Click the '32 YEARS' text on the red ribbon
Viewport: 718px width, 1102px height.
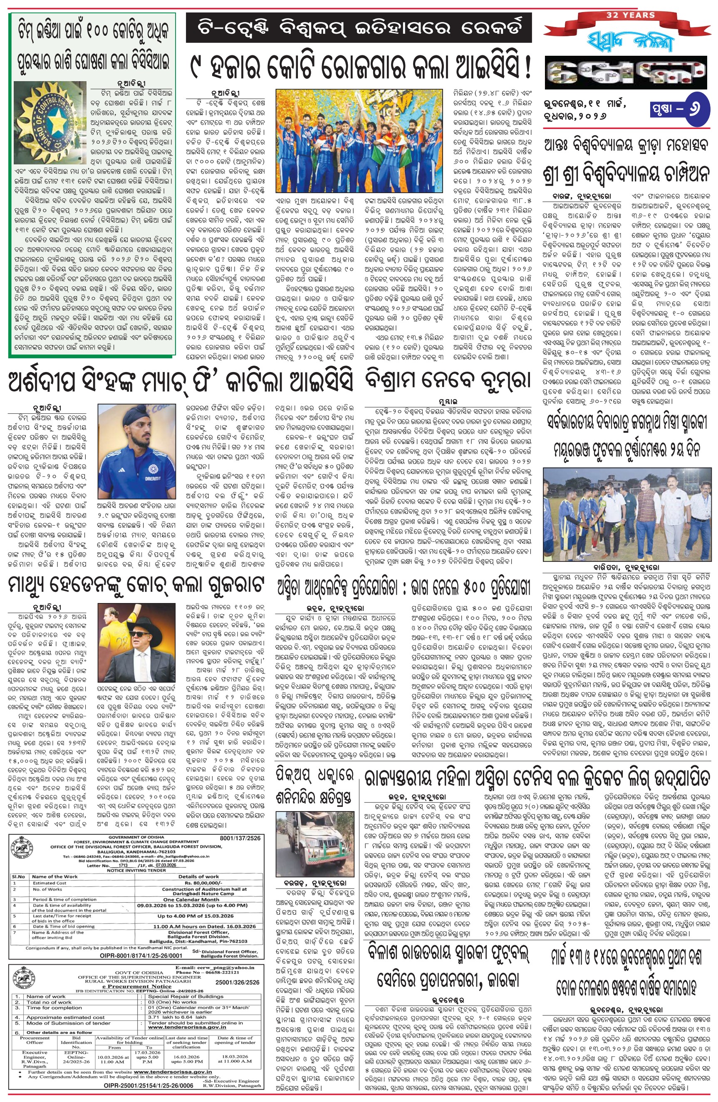point(631,15)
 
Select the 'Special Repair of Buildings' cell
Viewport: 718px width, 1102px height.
point(186,996)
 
